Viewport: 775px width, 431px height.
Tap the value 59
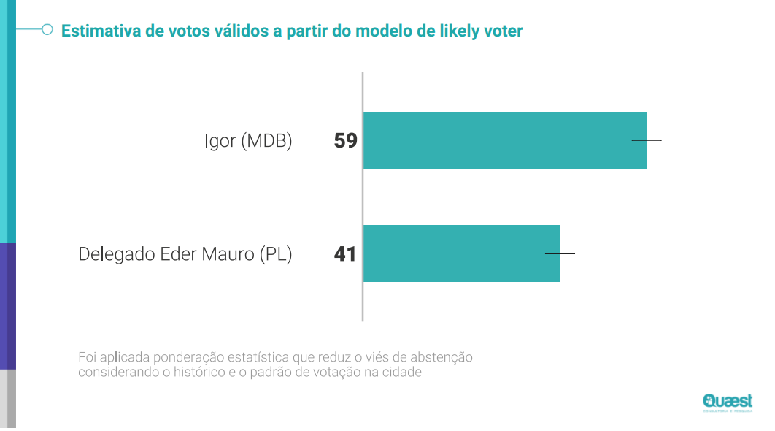346,140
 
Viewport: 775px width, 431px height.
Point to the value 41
346,254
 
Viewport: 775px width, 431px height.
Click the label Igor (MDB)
248,141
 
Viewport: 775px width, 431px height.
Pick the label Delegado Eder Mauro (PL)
185,254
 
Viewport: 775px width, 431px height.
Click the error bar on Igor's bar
647,140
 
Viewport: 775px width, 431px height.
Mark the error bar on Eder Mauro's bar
560,253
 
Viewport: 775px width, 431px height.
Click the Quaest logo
727,402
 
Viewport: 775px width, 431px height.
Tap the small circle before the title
47,30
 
